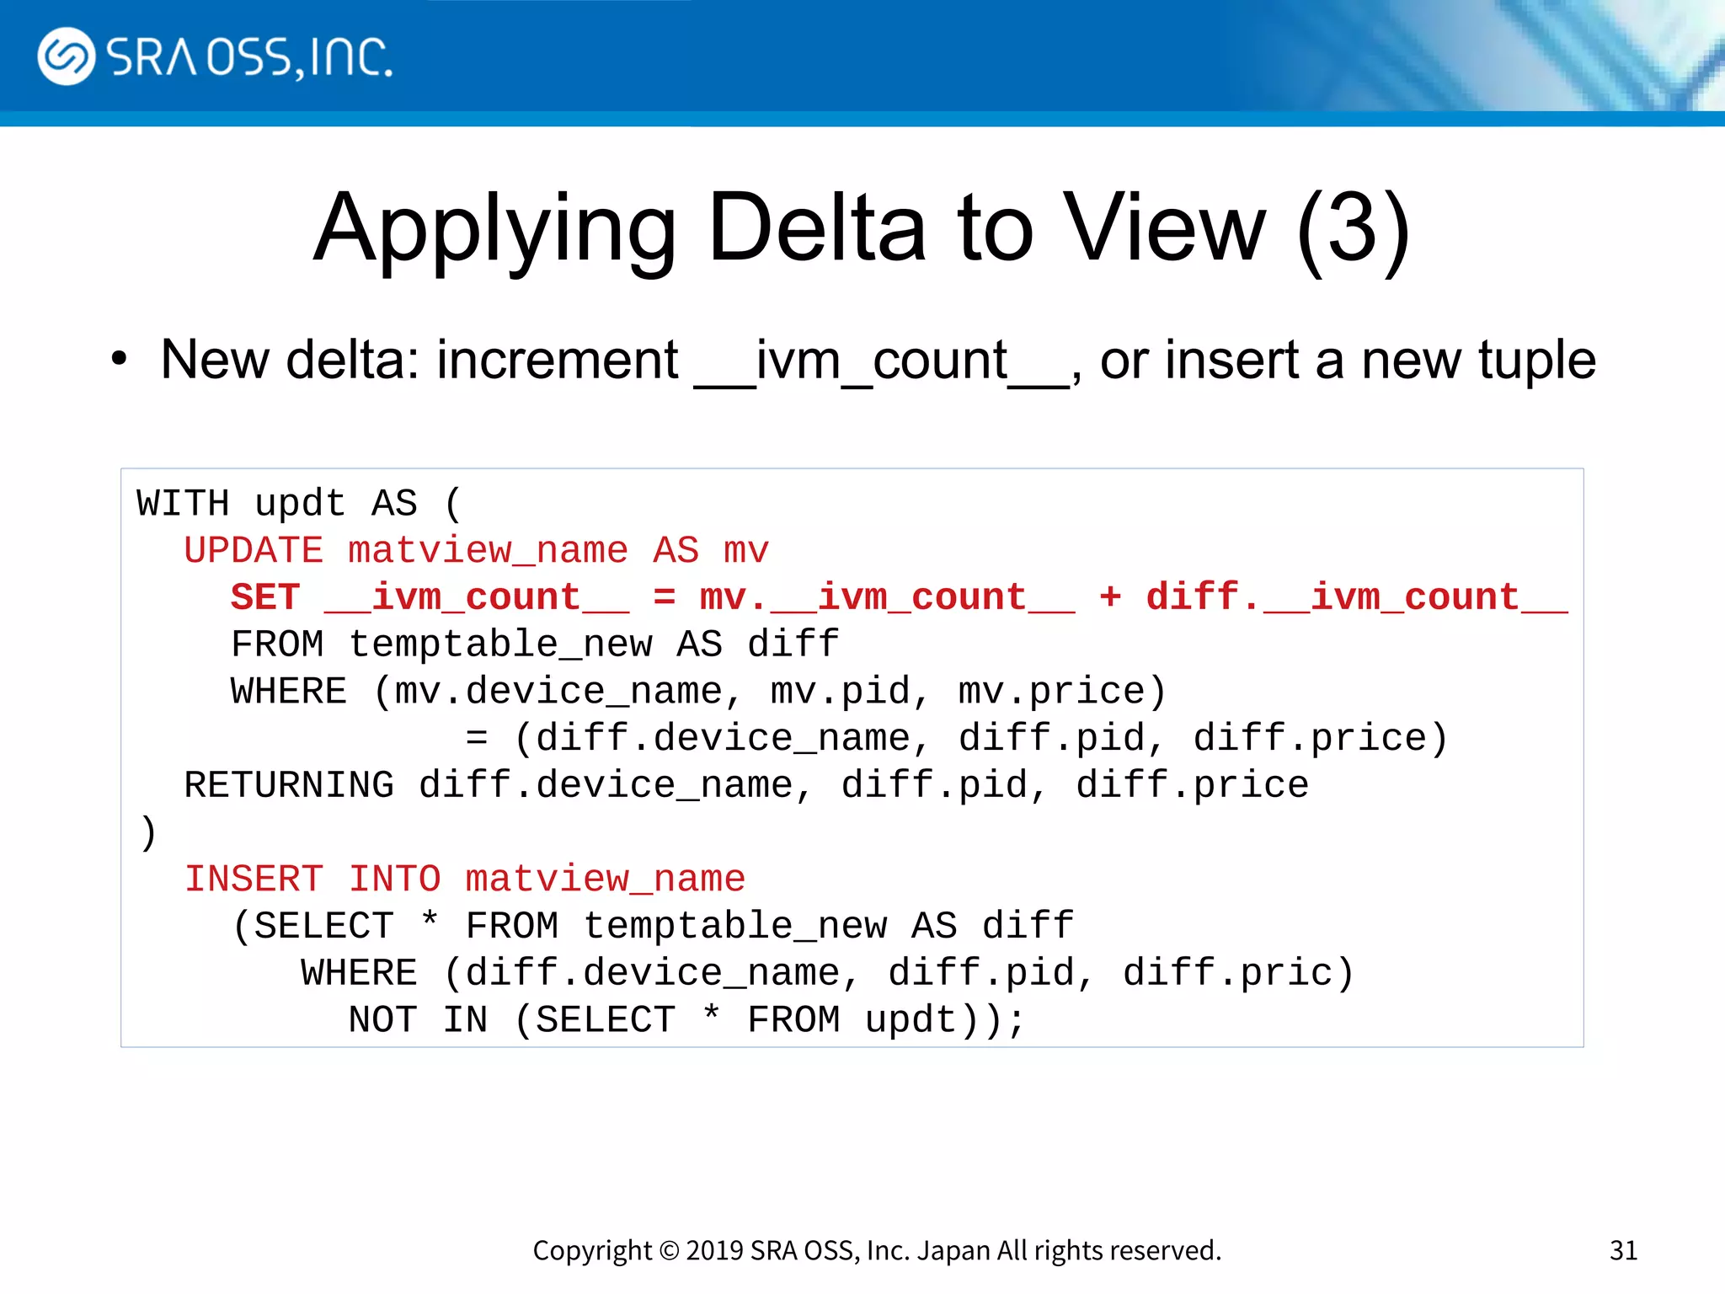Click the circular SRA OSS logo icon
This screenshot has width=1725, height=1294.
coord(66,56)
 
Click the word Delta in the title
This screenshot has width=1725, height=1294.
coord(817,228)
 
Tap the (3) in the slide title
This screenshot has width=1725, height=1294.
coord(1354,230)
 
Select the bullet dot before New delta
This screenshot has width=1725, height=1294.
coord(119,359)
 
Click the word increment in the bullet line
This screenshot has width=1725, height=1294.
coord(557,361)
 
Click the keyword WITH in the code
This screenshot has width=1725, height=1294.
coord(183,504)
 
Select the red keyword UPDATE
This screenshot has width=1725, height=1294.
coord(254,551)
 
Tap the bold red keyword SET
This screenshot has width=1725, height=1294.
coord(265,597)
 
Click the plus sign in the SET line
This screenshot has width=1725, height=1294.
coord(1110,597)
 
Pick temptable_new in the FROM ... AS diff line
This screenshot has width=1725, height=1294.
coord(500,644)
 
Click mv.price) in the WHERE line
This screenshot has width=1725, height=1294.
coord(1062,692)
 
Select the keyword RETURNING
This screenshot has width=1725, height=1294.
coord(289,785)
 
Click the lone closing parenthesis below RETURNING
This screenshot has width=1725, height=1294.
coord(148,832)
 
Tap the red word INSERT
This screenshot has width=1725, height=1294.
coord(254,880)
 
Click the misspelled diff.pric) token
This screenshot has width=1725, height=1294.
coord(1238,974)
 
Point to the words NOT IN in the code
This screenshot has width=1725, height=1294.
coord(418,1020)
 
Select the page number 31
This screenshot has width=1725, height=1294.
coord(1623,1250)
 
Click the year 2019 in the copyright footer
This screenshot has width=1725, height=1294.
coord(714,1250)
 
